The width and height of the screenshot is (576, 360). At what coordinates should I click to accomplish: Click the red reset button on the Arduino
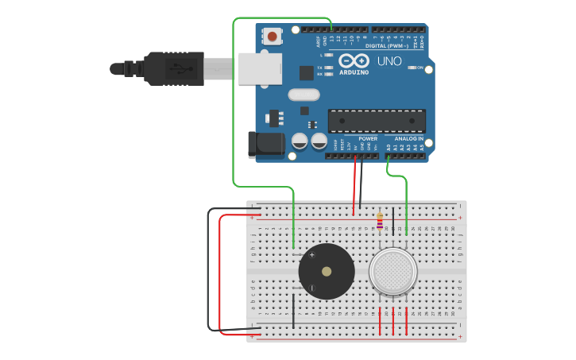tap(273, 36)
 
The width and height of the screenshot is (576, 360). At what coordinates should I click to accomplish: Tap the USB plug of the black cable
tap(171, 68)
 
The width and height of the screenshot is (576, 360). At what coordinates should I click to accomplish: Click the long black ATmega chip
tap(376, 120)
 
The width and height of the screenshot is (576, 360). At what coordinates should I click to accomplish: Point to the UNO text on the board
tap(389, 61)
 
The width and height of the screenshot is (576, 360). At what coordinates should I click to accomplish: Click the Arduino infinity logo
tap(354, 60)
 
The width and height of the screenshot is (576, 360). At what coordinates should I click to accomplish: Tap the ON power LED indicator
tap(412, 68)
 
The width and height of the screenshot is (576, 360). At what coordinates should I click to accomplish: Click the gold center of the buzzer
tap(327, 271)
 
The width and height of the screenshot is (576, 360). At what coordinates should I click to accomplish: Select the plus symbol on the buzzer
tap(311, 255)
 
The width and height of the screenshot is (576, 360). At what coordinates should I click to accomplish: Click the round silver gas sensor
tap(392, 271)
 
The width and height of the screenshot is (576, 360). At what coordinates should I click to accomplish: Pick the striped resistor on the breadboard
tap(380, 220)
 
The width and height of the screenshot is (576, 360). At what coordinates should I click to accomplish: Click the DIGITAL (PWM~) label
tap(386, 45)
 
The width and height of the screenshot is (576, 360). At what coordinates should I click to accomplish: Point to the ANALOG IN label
tap(408, 138)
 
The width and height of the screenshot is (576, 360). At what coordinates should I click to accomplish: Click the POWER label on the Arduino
tap(367, 138)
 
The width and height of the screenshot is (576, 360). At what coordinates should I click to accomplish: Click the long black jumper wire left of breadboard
tap(209, 270)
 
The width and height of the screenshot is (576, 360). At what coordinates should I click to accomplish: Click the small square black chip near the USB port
tap(306, 72)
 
